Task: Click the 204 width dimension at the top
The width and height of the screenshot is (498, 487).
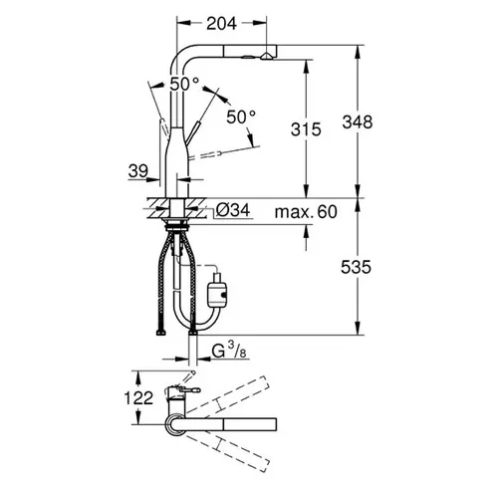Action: coord(221,24)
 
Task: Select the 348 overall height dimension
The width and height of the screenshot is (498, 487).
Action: coord(358,122)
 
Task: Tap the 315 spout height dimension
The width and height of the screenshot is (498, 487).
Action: coord(306,128)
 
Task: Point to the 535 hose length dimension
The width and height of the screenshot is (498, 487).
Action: coord(356,267)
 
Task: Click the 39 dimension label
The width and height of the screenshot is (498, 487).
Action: coord(138,171)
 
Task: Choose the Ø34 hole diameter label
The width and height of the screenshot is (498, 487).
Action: coord(232,210)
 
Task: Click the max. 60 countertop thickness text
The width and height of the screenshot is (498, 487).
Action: coord(306,212)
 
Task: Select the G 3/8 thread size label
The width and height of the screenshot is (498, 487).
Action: coord(229,352)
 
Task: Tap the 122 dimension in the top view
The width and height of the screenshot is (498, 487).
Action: coord(138,397)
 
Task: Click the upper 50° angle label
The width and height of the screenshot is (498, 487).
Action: coord(184,85)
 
